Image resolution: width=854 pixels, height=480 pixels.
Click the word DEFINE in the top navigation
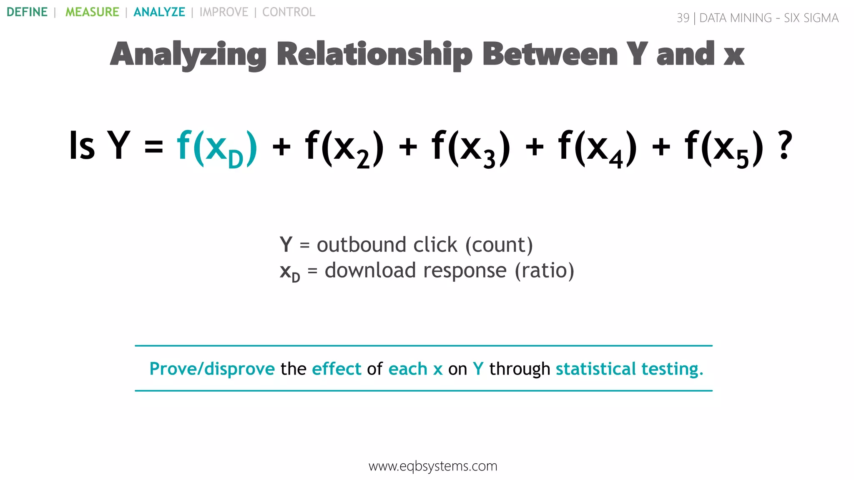(27, 12)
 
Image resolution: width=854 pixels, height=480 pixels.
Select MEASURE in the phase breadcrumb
(92, 12)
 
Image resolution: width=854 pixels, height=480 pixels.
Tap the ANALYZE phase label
(159, 12)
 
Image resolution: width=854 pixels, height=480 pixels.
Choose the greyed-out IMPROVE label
(224, 12)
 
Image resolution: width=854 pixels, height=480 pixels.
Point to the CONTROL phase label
(289, 12)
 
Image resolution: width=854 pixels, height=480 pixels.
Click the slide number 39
(683, 18)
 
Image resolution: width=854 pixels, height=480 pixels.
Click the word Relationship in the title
(374, 55)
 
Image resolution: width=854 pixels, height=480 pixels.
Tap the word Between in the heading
(550, 55)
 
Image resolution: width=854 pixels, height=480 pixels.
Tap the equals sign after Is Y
(153, 147)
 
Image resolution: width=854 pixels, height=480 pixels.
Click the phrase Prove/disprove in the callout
(212, 369)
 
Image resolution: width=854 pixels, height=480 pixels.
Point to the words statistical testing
(629, 369)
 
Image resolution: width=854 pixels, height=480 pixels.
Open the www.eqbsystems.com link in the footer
(433, 466)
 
